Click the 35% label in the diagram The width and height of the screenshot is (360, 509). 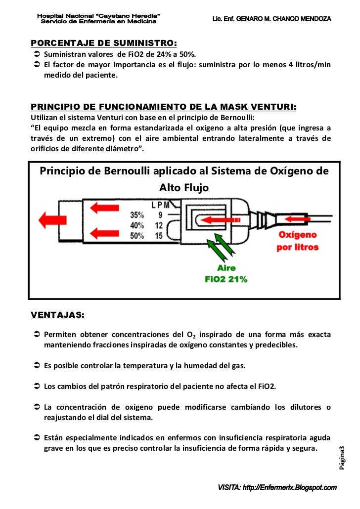coord(137,215)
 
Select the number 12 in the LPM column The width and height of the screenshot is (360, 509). coord(159,225)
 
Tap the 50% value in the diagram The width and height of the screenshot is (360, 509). coord(137,236)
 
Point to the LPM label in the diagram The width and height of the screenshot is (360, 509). coord(161,205)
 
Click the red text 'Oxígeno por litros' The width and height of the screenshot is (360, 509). coord(297,241)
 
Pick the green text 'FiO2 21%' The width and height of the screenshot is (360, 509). coord(226,279)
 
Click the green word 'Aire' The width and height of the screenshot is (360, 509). coord(226,269)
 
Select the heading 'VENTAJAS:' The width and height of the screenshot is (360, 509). coord(57,315)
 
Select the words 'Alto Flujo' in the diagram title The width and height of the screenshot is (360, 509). coord(183,188)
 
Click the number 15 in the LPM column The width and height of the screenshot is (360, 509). coord(159,236)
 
